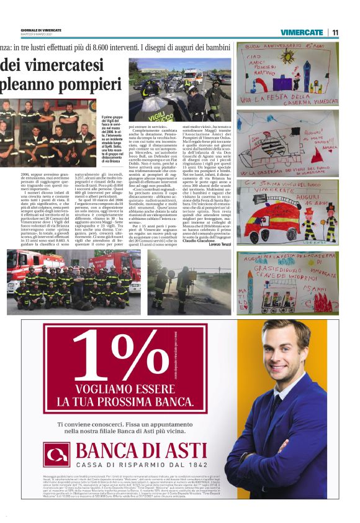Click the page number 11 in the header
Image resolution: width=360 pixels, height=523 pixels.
tap(335, 32)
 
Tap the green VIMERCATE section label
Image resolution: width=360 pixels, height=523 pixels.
tap(302, 32)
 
